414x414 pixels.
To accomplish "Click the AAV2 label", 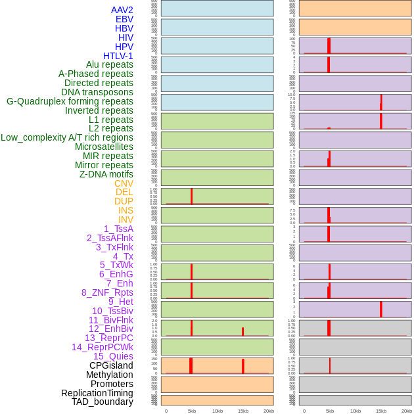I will tap(122, 10).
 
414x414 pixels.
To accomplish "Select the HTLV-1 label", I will tap(118, 56).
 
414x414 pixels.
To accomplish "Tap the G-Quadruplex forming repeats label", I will tap(70, 101).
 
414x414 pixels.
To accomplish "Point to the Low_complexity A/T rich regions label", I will tap(67, 137).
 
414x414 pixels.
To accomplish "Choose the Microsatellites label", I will tap(104, 147).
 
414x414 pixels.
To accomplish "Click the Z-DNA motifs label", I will tap(106, 174).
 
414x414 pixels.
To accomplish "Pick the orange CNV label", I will tap(124, 183).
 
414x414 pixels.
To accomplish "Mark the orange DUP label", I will tap(124, 201).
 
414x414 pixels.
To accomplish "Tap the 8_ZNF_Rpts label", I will tap(107, 292).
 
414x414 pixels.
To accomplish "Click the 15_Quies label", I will tap(113, 356).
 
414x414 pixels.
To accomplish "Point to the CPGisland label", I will tap(111, 365).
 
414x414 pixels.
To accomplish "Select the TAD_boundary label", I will tap(103, 402).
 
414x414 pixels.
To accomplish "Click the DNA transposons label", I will tap(97, 92).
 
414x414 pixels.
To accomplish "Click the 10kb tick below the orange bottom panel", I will tap(218, 411).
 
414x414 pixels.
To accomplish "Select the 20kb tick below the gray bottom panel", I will tap(407, 411).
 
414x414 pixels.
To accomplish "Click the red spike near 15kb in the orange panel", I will tap(243, 366).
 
